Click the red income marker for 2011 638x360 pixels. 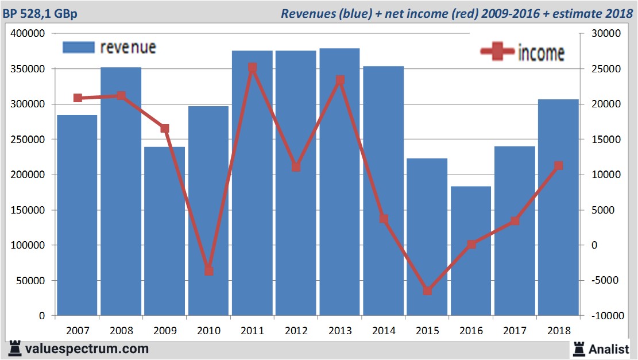coord(252,68)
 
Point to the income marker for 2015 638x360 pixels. coord(427,291)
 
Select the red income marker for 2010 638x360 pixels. coord(208,271)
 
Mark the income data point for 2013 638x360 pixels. coord(340,80)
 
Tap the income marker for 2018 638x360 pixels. coord(558,166)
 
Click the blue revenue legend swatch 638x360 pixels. coord(79,48)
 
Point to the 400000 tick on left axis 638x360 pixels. coord(28,34)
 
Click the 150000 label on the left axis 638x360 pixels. coord(28,210)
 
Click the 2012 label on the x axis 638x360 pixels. coord(296,331)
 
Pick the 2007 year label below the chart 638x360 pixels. coord(78,331)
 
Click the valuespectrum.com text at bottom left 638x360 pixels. coord(86,348)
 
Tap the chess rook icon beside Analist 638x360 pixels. coord(578,348)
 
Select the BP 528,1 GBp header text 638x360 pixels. coord(40,14)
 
